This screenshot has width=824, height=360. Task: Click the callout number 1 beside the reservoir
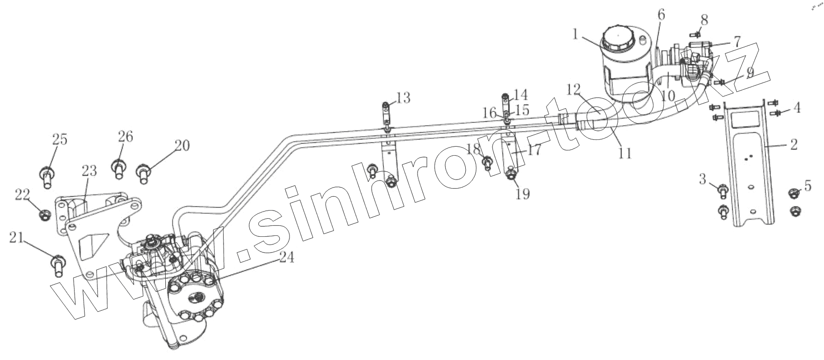(576, 34)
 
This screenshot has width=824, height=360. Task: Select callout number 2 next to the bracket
(793, 144)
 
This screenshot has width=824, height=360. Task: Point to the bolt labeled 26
(118, 169)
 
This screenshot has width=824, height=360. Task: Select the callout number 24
(286, 257)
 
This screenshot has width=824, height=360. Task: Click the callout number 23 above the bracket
(89, 171)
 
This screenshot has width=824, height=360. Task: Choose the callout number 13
(403, 98)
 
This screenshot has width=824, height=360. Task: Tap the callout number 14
(521, 94)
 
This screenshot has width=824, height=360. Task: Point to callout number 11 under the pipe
(625, 153)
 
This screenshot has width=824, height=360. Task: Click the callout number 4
(796, 108)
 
